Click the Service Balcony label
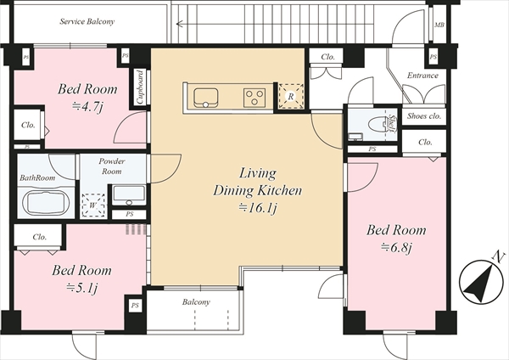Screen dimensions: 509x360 point(87,22)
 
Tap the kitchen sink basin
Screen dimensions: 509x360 point(206,97)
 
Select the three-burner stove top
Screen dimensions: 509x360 point(255,98)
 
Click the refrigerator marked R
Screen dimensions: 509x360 point(290,96)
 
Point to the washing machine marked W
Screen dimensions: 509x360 point(93,205)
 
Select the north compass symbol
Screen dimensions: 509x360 point(480,280)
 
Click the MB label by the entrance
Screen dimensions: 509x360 point(439,25)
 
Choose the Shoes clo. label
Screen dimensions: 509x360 point(424,115)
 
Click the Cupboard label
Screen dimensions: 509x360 point(140,87)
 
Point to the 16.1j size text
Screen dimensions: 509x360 point(258,208)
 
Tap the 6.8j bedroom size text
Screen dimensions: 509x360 point(396,248)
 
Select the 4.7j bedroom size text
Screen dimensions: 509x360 point(87,106)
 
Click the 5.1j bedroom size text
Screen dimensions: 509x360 point(81,288)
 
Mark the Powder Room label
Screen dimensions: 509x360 point(112,166)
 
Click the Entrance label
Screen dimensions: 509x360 point(422,76)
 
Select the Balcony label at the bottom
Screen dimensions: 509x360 point(196,302)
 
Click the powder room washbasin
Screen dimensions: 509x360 point(129,195)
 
